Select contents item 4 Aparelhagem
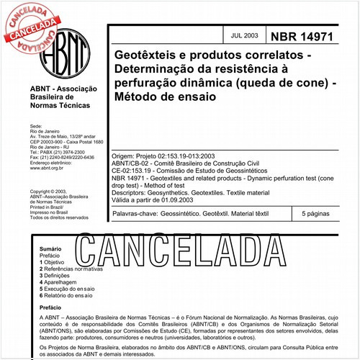tap(60, 282)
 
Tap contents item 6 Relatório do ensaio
tap(70, 296)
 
